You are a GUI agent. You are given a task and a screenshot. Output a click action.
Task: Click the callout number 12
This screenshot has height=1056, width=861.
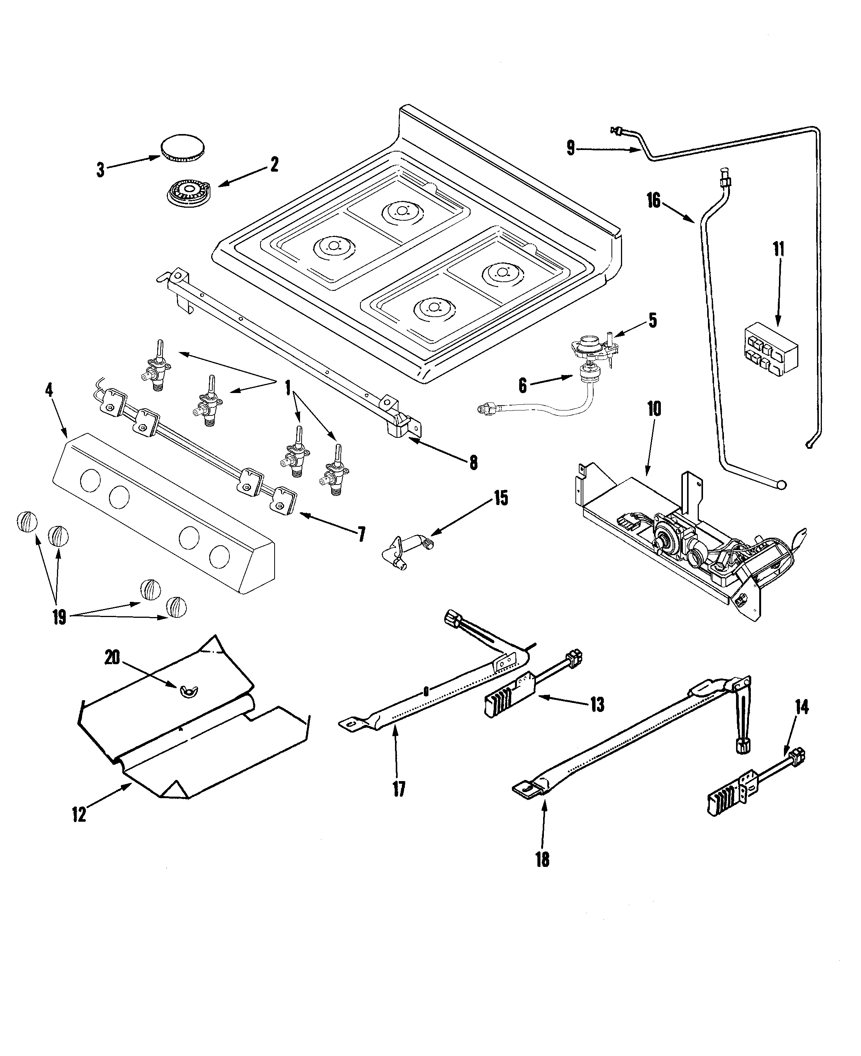(x=79, y=814)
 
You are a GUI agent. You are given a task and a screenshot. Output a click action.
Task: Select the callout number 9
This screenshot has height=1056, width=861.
(x=571, y=148)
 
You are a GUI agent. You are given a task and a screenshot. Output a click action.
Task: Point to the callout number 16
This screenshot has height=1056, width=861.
(x=654, y=200)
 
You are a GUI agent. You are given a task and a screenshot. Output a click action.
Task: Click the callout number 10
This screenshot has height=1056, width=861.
(x=654, y=409)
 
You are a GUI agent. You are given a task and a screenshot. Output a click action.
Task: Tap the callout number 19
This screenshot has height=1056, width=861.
(x=59, y=617)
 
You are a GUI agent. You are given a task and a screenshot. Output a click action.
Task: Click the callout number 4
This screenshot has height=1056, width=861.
(x=49, y=390)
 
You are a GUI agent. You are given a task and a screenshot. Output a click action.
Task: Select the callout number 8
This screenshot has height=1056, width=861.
(x=473, y=462)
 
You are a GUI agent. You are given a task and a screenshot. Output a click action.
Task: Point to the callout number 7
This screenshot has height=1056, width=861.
(x=362, y=534)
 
